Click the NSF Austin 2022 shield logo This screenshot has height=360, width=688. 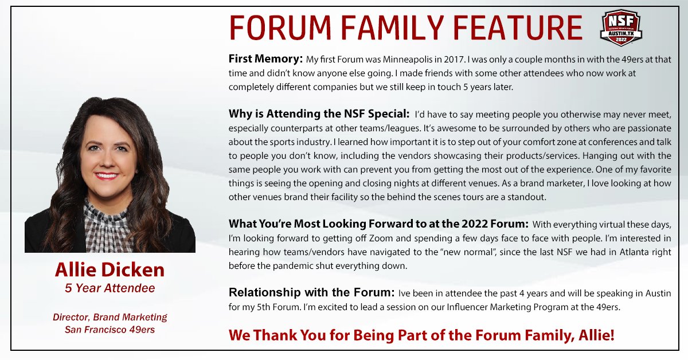click(621, 28)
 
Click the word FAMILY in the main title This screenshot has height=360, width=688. click(392, 28)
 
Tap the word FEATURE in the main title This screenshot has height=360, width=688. click(518, 28)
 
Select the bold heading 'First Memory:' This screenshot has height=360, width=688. click(265, 58)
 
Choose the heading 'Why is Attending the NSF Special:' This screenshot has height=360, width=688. click(319, 114)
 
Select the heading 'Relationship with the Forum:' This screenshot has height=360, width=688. click(311, 292)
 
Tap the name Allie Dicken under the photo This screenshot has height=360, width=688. click(110, 269)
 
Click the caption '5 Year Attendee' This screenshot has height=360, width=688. click(110, 288)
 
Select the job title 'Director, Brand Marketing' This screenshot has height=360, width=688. click(110, 317)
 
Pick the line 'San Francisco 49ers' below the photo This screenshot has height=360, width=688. click(110, 330)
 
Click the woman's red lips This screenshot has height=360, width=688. click(106, 176)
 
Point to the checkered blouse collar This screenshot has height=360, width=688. click(106, 215)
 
